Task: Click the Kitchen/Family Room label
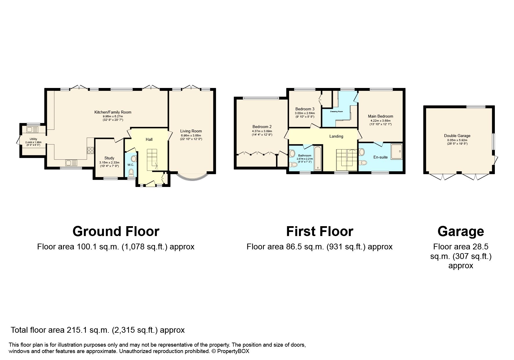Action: pos(113,112)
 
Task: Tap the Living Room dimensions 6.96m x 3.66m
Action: pos(191,135)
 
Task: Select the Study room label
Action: pos(109,158)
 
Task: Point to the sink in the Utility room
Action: pos(30,129)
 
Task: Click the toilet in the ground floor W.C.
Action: pos(131,172)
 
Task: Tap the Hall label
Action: pos(149,139)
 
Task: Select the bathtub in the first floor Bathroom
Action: pos(318,158)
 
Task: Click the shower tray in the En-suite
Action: pos(396,151)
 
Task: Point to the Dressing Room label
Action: pos(336,111)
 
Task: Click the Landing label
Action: pos(336,136)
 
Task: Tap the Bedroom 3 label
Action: pos(305,109)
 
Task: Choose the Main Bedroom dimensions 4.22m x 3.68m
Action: pos(380,120)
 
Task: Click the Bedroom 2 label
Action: pos(262,127)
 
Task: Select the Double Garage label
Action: pos(457,136)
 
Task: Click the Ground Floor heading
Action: pos(116,231)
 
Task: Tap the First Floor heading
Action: pos(320,231)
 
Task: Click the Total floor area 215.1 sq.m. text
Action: pos(98,330)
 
